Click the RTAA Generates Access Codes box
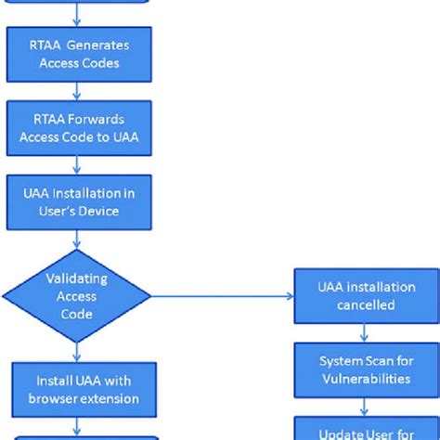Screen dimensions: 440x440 [x=78, y=54]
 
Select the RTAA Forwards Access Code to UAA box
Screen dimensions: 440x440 [x=78, y=127]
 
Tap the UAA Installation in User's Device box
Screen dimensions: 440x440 [x=78, y=202]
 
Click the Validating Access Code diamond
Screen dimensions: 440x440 [x=78, y=296]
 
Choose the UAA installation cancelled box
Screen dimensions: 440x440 [x=365, y=296]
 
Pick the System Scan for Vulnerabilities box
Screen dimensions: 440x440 [x=365, y=369]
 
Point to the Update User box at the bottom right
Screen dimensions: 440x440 [x=365, y=430]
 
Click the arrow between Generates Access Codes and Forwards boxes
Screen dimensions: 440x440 [x=78, y=91]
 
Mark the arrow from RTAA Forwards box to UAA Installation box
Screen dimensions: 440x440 [x=78, y=165]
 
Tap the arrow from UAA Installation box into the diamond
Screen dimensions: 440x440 [x=78, y=239]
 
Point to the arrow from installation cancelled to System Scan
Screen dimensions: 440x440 [x=365, y=332]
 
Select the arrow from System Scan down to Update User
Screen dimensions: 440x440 [x=365, y=407]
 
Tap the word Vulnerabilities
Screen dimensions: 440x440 [x=365, y=379]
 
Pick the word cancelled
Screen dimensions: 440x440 [x=365, y=305]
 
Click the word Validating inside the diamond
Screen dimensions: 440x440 [x=77, y=278]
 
